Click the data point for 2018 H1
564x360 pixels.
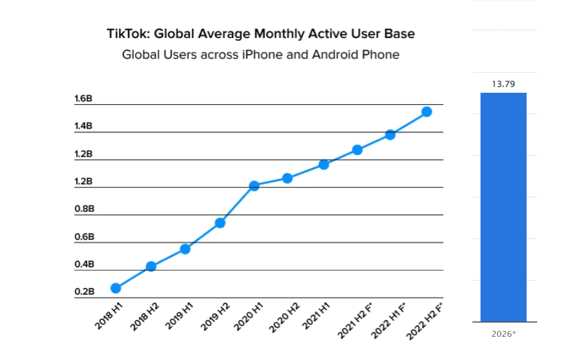coord(115,288)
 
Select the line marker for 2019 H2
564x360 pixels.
coord(220,223)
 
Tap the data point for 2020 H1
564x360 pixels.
coord(254,186)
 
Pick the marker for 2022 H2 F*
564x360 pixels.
coord(426,111)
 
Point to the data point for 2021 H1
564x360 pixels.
coord(324,164)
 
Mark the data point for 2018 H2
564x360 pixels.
coord(151,266)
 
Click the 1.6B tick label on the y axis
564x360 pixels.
coord(83,99)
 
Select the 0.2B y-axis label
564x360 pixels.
coord(83,292)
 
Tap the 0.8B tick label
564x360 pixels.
coord(83,209)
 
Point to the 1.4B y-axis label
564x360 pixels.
coord(83,126)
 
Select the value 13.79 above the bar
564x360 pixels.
coord(503,84)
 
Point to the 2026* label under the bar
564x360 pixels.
coord(504,334)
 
